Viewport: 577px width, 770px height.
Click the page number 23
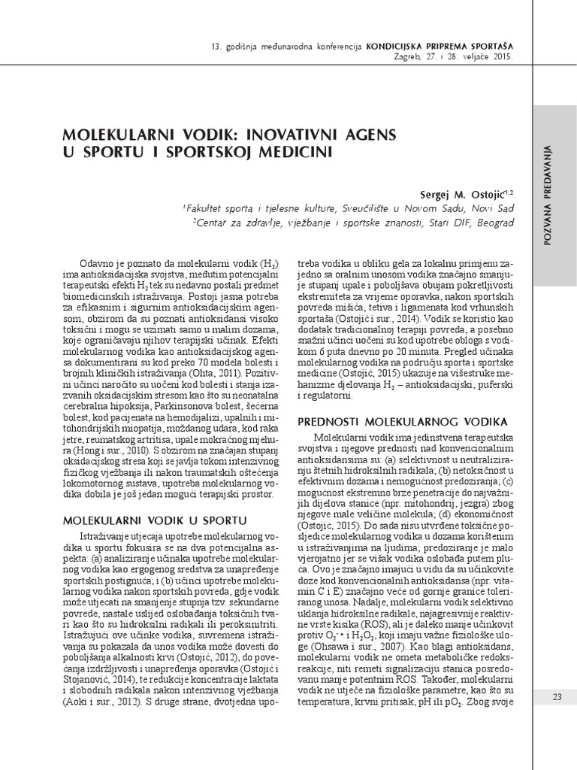557,697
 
